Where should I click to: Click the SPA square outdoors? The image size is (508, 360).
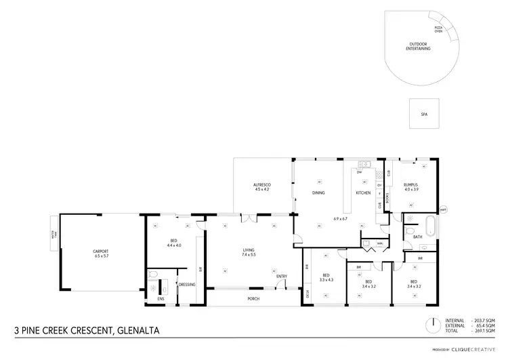click(424, 115)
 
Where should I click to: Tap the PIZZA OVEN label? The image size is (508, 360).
click(439, 29)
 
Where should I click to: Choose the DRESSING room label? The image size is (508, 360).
click(187, 284)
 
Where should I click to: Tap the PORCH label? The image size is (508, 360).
click(253, 298)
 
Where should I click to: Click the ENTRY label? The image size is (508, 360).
click(281, 276)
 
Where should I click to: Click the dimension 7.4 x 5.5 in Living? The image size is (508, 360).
click(249, 255)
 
